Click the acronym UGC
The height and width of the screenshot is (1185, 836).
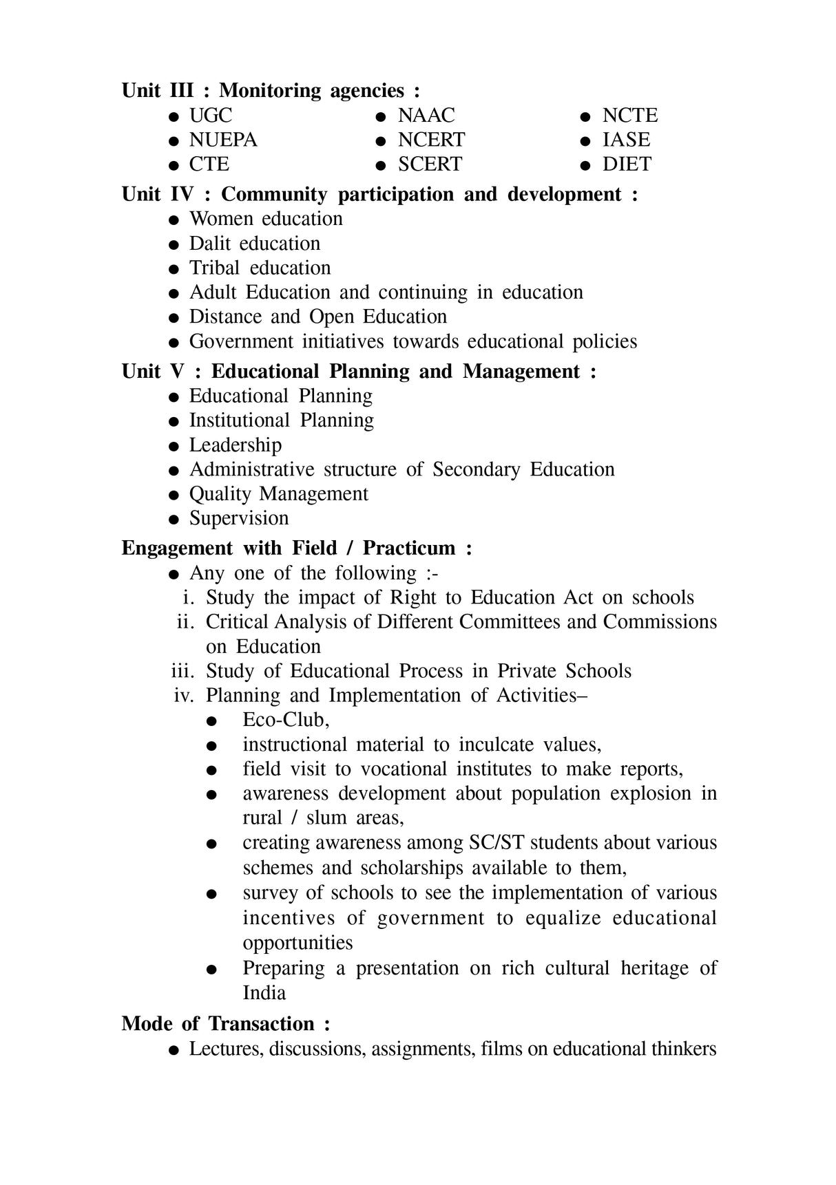tap(211, 115)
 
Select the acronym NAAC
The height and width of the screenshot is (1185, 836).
tap(426, 115)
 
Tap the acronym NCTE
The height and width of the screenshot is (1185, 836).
tap(629, 115)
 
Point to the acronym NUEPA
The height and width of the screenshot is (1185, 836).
tap(223, 140)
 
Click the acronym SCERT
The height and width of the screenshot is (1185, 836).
tap(430, 164)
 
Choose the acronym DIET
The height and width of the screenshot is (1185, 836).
tap(626, 164)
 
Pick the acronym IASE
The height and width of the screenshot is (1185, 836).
tap(626, 140)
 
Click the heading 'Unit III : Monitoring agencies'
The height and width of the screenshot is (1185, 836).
tap(270, 91)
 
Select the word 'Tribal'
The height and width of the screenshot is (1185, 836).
tap(214, 268)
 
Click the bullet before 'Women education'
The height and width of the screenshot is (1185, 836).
tap(175, 220)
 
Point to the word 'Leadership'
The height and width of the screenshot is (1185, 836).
tap(236, 445)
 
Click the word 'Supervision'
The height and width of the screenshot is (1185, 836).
tap(239, 518)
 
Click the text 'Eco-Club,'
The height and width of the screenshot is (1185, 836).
tap(286, 720)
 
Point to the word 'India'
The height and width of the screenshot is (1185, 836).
tap(264, 993)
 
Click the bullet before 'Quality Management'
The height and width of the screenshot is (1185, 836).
tap(175, 495)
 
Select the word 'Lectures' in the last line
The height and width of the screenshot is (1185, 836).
tap(226, 1049)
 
